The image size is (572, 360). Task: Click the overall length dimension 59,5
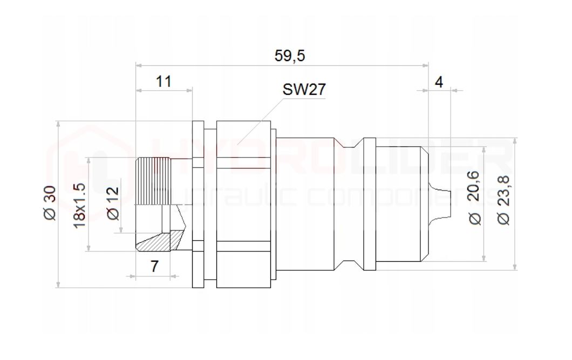point(290,56)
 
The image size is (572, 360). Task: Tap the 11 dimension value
point(164,81)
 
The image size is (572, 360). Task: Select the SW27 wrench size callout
point(304,90)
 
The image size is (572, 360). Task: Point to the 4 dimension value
point(439,82)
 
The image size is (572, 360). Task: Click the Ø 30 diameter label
point(50,203)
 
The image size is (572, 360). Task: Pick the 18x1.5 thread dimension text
point(79,206)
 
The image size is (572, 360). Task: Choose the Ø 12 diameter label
point(113,203)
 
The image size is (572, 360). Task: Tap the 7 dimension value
point(155,266)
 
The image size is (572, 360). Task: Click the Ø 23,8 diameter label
point(503,200)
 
